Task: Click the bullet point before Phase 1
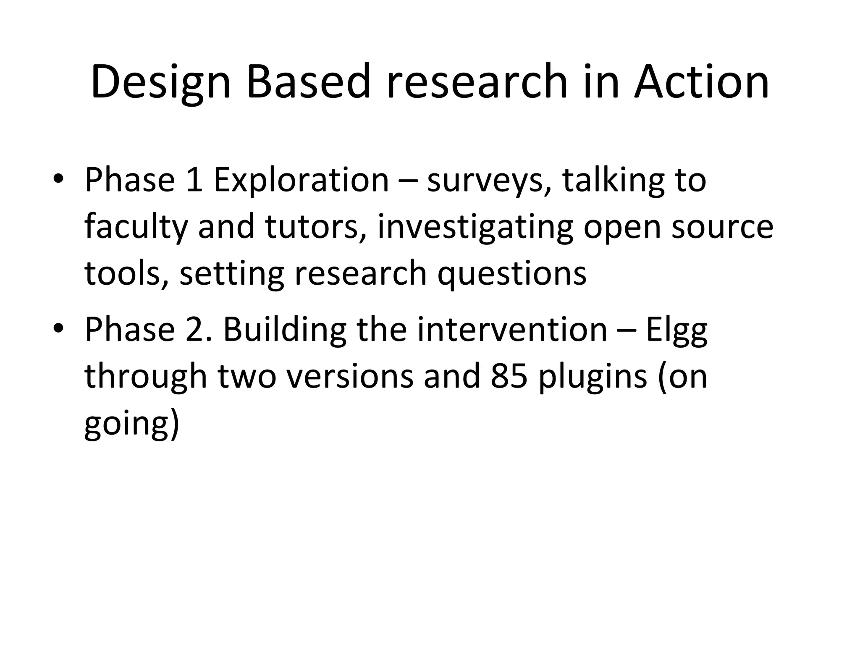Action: tap(58, 179)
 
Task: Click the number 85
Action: tap(509, 376)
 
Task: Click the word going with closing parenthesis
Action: tap(132, 423)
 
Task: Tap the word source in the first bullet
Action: tap(722, 227)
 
